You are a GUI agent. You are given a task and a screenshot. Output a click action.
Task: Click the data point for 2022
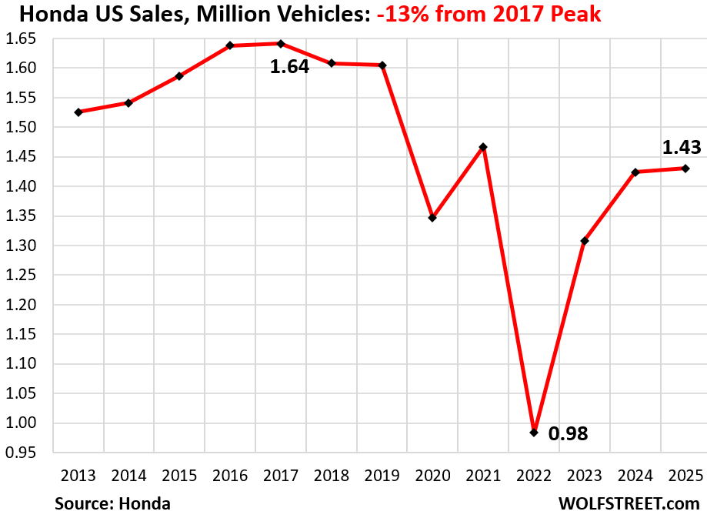pos(534,433)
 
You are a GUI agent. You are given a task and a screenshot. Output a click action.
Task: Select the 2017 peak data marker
pos(281,44)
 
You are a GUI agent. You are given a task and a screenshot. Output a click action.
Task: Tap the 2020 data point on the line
pos(432,218)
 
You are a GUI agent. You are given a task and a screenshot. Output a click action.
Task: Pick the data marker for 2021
pos(483,147)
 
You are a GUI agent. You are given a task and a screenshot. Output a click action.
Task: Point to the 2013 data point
pos(78,112)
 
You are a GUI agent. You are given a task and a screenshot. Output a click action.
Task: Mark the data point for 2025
pos(685,169)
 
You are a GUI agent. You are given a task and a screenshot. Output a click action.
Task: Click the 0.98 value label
pos(568,434)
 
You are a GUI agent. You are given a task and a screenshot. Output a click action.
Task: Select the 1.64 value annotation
pos(289,67)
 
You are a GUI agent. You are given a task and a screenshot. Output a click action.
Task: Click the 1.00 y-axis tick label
pos(22,423)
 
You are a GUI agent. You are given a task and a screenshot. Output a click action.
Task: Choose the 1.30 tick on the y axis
pos(22,246)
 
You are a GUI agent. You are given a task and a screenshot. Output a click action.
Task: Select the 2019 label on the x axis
pos(382,476)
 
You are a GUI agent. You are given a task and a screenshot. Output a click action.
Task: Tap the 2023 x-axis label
pos(585,476)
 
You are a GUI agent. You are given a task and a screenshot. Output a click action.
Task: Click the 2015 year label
pos(179,476)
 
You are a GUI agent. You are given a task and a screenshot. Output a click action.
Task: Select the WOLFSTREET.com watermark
pos(629,504)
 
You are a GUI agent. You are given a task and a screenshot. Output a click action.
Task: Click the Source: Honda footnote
pos(112,504)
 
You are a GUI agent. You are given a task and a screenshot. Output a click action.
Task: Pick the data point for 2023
pos(585,241)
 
